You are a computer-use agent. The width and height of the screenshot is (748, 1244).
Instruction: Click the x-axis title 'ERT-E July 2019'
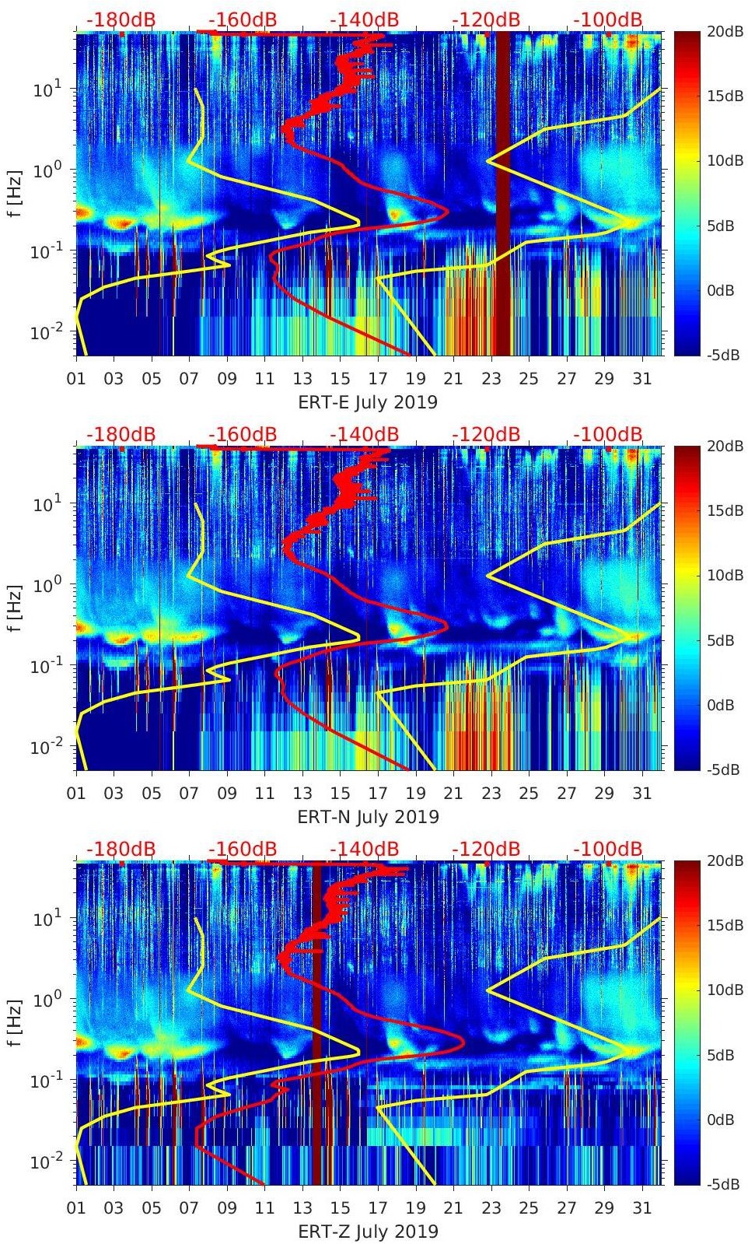tap(368, 402)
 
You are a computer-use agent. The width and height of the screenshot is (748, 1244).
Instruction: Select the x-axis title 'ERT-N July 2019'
tap(368, 817)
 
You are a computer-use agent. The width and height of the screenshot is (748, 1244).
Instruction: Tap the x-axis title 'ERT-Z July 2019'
tap(368, 1232)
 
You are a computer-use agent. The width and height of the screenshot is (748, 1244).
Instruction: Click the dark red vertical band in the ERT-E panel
tap(503, 194)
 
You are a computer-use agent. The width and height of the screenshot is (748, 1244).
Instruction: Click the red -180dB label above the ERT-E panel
tap(121, 19)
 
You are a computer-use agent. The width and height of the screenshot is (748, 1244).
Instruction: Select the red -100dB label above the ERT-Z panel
tap(608, 849)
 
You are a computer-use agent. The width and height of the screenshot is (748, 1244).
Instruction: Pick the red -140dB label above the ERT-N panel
tap(365, 434)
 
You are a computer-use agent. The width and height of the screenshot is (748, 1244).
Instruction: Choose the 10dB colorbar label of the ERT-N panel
tap(724, 576)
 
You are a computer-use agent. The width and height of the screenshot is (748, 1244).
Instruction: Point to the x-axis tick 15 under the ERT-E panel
tap(340, 379)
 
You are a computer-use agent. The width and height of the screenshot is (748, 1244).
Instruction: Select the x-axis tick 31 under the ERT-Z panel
tap(641, 1208)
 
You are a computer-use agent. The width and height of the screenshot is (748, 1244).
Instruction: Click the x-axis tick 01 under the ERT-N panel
tap(76, 794)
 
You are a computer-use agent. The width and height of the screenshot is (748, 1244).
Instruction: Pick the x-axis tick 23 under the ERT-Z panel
tap(491, 1208)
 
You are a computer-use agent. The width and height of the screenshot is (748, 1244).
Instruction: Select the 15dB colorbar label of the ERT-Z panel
tap(724, 926)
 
